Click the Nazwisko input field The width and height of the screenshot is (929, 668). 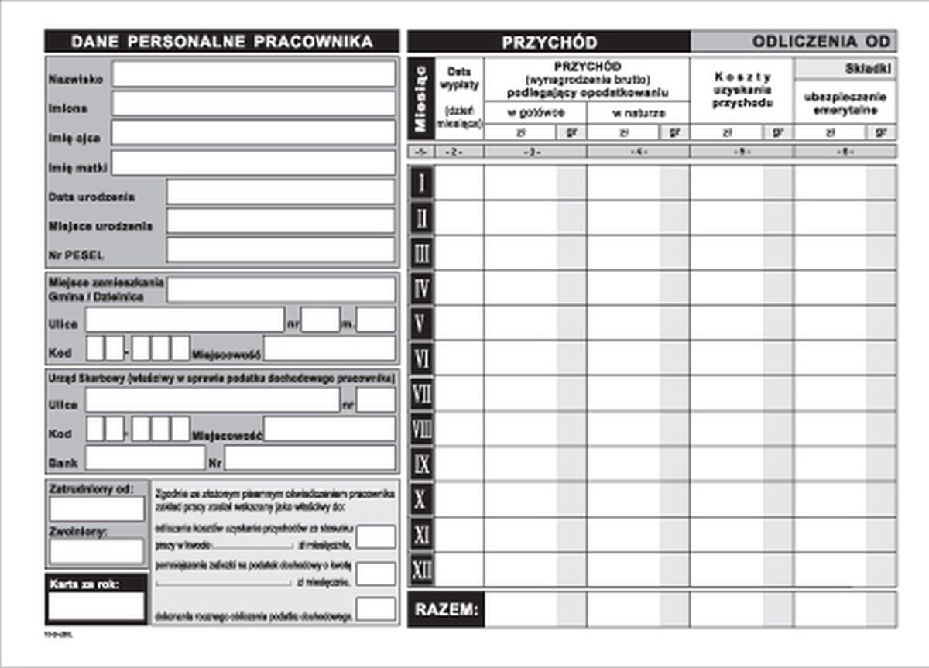[253, 75]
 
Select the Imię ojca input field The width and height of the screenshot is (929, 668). [253, 133]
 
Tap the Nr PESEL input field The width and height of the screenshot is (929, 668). [280, 251]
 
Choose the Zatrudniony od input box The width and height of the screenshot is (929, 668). [97, 509]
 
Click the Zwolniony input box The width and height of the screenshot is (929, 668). [97, 551]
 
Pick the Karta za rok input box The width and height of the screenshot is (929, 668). [97, 606]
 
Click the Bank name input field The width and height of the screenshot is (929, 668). [145, 459]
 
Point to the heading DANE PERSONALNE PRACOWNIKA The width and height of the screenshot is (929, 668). [221, 42]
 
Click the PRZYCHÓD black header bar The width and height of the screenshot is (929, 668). [549, 42]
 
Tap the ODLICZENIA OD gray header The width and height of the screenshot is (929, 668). [793, 42]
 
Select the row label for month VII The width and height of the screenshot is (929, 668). [422, 394]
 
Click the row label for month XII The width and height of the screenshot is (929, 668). [422, 570]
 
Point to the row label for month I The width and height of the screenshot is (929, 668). [422, 183]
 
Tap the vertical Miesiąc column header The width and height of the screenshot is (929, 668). [421, 98]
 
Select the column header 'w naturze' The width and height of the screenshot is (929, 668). [638, 113]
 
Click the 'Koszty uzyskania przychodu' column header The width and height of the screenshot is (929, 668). [741, 89]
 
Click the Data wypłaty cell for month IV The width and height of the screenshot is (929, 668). [460, 289]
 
